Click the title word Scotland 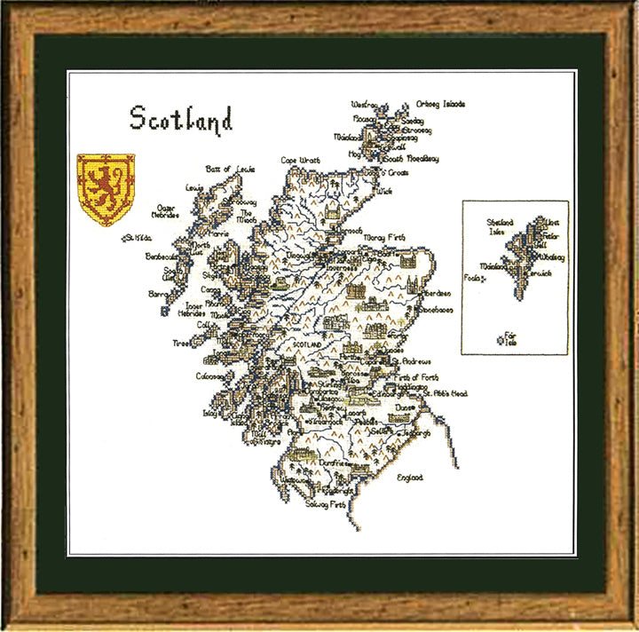click(181, 119)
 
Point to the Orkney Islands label click(441, 104)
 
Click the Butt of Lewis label click(230, 169)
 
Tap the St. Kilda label click(138, 238)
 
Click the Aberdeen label click(434, 293)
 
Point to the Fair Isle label click(509, 338)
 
